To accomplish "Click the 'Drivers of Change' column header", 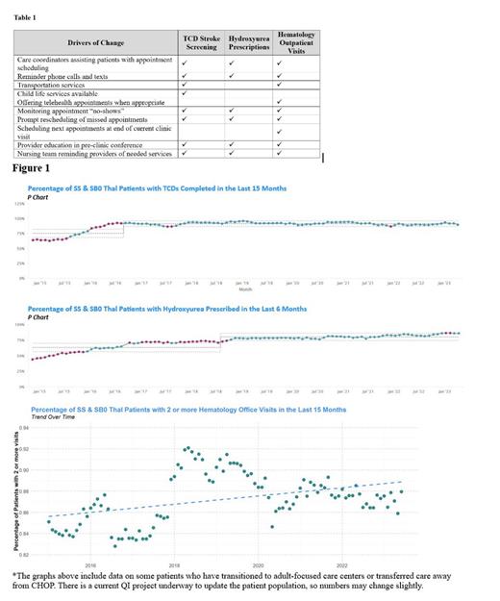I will pyautogui.click(x=95, y=42).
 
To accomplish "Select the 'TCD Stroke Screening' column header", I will pyautogui.click(x=201, y=42).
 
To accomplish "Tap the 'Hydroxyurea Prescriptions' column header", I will pyautogui.click(x=249, y=42).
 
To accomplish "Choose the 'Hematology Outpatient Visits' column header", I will pyautogui.click(x=295, y=42).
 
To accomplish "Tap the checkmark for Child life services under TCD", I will pyautogui.click(x=183, y=93).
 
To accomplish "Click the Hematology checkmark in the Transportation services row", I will pyautogui.click(x=278, y=85).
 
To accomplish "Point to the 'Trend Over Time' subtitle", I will pyautogui.click(x=52, y=416).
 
